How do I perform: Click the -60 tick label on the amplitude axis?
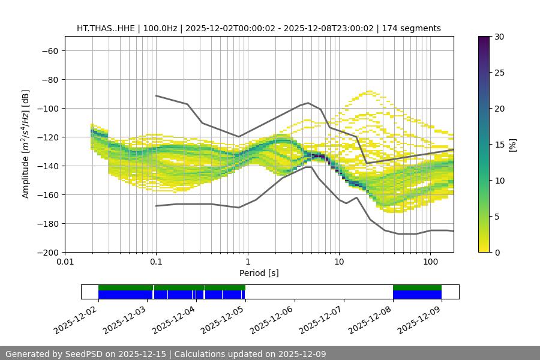coord(49,50)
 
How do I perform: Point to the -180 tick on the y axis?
coord(47,223)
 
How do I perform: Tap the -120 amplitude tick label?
coord(47,137)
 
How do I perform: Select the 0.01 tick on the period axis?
coord(65,262)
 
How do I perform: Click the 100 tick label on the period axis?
coord(430,262)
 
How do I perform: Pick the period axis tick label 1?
coord(247,262)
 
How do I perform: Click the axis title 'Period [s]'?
coord(259,273)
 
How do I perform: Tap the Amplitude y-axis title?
coord(26,144)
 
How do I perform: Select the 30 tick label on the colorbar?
coord(499,37)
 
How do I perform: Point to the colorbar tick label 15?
coord(499,145)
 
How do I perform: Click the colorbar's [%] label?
coord(512,145)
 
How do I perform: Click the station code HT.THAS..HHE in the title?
coord(106,28)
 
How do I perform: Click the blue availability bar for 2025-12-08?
coord(417,295)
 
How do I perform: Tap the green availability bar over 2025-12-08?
coord(417,287)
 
